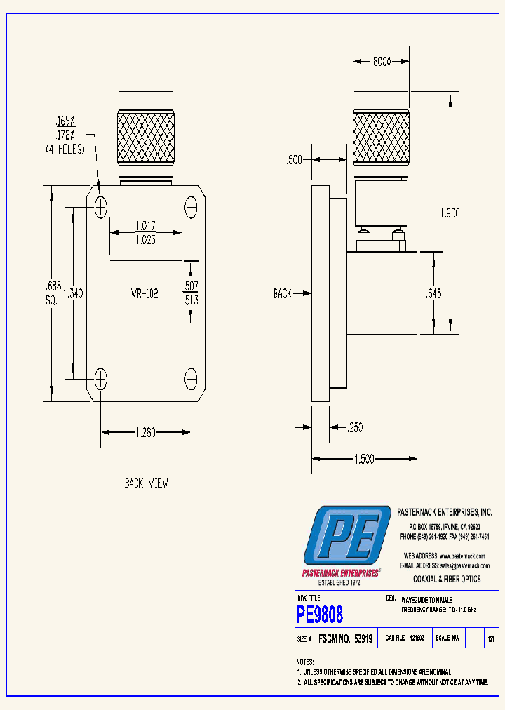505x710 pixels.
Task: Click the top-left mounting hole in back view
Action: (x=102, y=207)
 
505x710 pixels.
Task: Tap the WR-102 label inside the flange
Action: (x=144, y=294)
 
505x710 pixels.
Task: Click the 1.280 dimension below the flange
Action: (x=146, y=433)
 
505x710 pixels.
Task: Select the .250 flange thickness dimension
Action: (x=354, y=427)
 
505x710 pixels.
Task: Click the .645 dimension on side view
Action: (x=434, y=294)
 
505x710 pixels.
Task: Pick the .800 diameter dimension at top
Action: (x=381, y=62)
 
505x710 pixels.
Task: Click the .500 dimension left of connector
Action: (x=294, y=161)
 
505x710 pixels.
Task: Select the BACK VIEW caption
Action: (x=146, y=483)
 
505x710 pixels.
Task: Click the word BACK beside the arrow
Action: (x=283, y=294)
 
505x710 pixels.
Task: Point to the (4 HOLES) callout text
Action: (x=65, y=149)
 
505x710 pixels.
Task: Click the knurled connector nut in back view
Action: (x=145, y=136)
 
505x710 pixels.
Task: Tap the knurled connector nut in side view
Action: (x=381, y=136)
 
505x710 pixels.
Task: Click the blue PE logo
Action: (x=346, y=535)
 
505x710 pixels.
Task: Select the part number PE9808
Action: (x=321, y=615)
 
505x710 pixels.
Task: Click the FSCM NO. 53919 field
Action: (x=344, y=639)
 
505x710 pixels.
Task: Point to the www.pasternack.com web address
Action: (x=462, y=556)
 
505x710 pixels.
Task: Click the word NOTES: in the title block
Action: (x=305, y=662)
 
